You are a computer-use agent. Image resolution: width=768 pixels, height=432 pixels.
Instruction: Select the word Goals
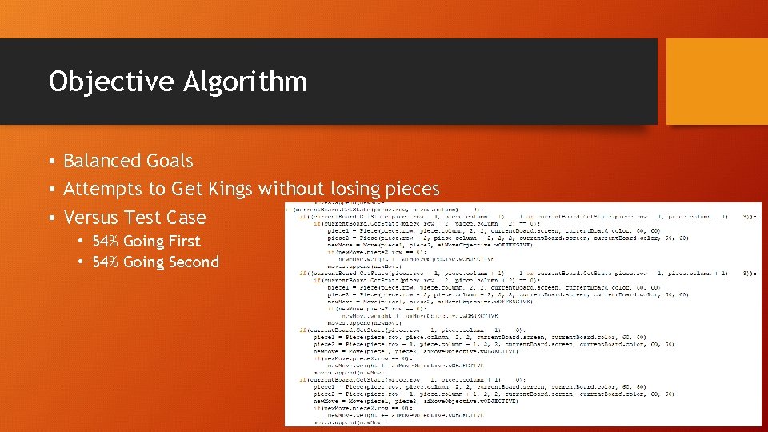[x=169, y=161]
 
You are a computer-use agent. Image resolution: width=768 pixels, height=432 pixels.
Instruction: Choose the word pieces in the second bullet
[x=415, y=190]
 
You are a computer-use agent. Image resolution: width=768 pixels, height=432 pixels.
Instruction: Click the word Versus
[x=90, y=218]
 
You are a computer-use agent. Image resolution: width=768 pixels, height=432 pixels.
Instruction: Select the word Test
[x=142, y=218]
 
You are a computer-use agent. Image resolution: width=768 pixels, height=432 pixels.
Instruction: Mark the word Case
[x=186, y=218]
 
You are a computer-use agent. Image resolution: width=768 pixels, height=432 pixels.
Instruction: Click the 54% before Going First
[x=106, y=242]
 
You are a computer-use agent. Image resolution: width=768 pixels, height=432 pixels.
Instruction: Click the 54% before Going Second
[x=106, y=262]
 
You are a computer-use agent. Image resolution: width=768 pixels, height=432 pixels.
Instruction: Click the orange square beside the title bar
[x=717, y=82]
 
